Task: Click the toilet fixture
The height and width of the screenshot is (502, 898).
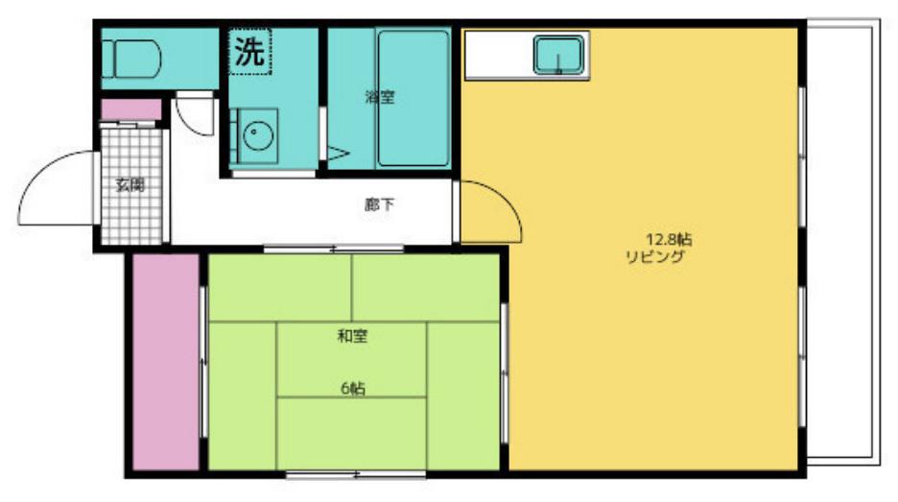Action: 131,59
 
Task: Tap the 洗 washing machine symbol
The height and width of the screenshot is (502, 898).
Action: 250,52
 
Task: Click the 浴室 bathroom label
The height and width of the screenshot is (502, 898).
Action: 380,97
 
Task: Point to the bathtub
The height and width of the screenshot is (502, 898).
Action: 413,98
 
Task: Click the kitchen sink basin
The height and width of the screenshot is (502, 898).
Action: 559,55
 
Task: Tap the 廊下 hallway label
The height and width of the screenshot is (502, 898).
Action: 379,204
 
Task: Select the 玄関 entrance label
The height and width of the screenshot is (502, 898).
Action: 130,185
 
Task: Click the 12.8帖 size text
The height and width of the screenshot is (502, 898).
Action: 669,239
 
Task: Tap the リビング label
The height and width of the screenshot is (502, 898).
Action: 654,256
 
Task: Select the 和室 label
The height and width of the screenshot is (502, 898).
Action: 352,336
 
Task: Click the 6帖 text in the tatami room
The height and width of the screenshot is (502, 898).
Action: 353,389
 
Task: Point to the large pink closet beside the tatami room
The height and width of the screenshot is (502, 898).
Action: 166,362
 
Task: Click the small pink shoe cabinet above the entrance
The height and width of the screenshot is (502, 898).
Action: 131,109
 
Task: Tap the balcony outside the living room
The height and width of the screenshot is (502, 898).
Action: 843,241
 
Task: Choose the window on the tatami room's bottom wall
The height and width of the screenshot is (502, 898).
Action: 356,474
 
